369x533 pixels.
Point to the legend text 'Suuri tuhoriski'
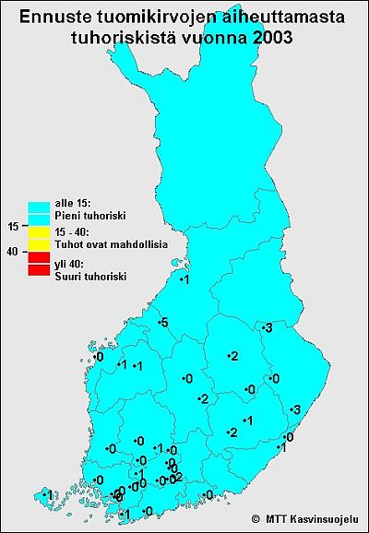pyautogui.click(x=90, y=276)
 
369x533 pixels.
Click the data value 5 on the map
pyautogui.click(x=162, y=322)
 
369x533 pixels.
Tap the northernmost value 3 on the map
pyautogui.click(x=268, y=328)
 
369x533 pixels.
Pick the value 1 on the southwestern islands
pyautogui.click(x=48, y=497)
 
